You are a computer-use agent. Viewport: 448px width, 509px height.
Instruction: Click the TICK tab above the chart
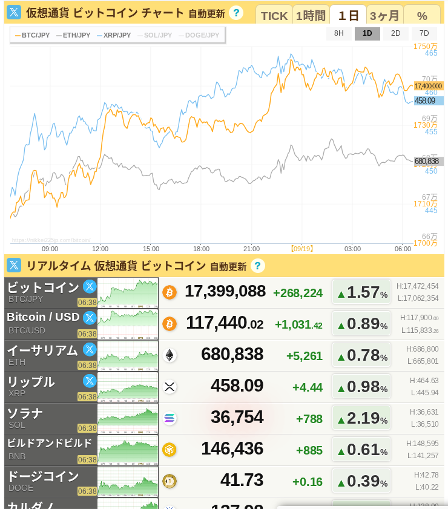[274, 16]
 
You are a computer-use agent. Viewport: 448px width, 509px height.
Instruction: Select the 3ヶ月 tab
[384, 16]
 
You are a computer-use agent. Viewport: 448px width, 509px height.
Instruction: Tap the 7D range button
[424, 34]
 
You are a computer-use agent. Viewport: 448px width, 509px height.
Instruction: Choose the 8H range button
[339, 34]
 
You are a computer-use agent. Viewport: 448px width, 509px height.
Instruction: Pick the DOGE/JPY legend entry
[199, 35]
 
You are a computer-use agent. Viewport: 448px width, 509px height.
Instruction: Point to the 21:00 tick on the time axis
[251, 249]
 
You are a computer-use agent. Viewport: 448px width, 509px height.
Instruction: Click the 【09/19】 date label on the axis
[301, 249]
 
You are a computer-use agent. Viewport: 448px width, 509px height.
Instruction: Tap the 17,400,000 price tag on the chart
[428, 86]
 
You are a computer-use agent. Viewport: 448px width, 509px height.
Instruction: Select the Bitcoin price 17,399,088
[225, 291]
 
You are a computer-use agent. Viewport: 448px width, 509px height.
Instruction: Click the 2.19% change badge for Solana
[361, 418]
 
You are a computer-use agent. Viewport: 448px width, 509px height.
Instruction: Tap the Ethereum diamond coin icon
[170, 355]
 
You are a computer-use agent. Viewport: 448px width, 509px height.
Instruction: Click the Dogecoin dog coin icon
[170, 481]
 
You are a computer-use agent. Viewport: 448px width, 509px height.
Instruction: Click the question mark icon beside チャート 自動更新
[237, 13]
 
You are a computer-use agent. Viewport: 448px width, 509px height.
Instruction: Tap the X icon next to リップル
[90, 381]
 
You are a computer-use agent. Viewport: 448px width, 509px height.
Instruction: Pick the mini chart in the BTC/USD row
[128, 324]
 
